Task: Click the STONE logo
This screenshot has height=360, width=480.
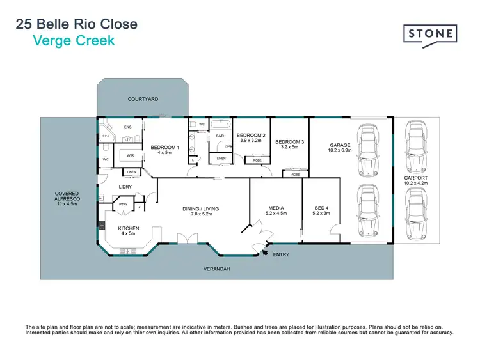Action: coord(429,33)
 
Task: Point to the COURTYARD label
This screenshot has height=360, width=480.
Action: coord(143,99)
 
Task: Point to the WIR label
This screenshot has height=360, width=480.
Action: coord(130,155)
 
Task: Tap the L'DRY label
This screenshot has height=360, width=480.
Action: coord(125,187)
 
